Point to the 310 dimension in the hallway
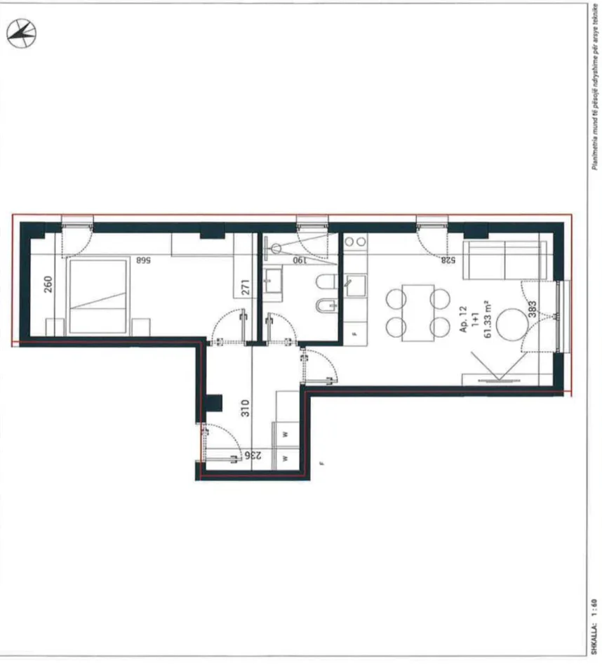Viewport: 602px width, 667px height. pos(245,409)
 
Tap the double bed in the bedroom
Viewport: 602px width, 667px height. pos(98,296)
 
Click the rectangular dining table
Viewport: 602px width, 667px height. pos(418,312)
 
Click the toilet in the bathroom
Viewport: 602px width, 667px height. pos(325,284)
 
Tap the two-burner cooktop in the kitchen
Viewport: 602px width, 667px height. pos(356,242)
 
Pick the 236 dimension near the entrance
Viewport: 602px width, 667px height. pos(253,456)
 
